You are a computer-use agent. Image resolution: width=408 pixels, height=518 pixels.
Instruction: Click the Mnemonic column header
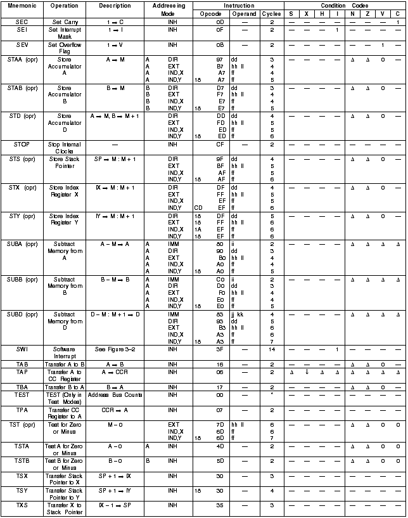point(21,5)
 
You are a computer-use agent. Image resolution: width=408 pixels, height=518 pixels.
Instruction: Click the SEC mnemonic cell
point(21,22)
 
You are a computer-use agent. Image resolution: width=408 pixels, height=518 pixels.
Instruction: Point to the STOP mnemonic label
point(21,145)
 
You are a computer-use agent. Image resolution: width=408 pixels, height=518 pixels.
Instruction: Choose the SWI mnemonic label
point(21,349)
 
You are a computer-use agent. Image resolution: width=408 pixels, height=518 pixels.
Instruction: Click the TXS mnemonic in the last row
point(21,505)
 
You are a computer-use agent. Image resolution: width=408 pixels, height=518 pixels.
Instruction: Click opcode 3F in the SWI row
point(220,349)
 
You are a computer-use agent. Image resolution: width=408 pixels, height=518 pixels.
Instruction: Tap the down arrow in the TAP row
point(307,372)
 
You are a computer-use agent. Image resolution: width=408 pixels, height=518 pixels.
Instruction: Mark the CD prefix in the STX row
point(198,207)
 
